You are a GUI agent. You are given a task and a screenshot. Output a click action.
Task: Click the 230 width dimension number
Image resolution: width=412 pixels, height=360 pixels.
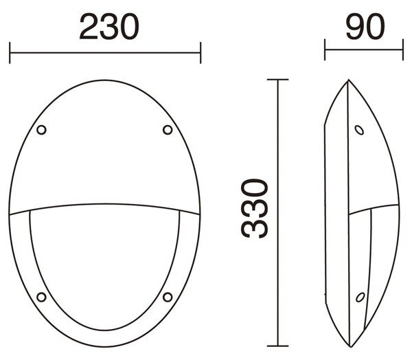[109, 27]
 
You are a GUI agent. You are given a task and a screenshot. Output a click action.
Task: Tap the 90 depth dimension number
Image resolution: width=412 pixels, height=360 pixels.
[365, 26]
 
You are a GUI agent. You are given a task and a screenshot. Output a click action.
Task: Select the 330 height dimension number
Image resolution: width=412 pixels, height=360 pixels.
[254, 208]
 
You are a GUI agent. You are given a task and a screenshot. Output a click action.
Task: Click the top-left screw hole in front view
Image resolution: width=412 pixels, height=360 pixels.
[41, 130]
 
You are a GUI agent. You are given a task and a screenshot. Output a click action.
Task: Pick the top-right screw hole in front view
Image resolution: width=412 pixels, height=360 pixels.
[168, 130]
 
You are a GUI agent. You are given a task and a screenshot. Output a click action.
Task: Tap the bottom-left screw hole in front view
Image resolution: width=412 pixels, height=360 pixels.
[41, 297]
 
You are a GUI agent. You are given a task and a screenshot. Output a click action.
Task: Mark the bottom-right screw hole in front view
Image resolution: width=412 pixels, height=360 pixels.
[168, 297]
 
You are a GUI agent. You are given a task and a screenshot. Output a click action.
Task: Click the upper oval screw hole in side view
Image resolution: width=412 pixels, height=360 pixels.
[359, 130]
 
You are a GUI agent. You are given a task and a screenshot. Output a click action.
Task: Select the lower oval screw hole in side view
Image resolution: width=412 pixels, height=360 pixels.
[360, 297]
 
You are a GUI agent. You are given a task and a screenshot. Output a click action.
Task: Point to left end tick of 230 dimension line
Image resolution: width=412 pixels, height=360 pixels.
[10, 53]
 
